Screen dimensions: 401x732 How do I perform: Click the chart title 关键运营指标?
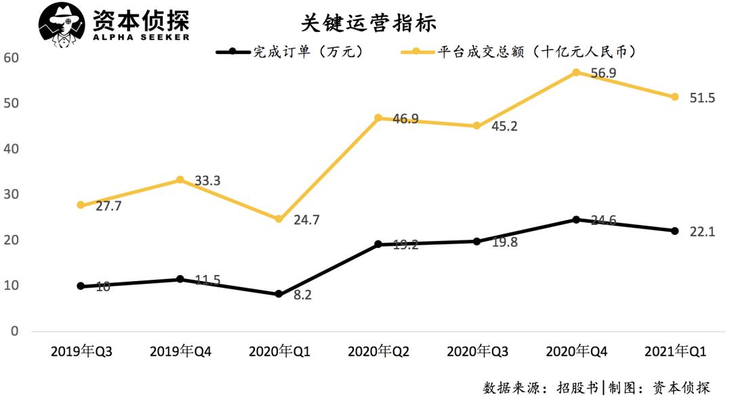coord(369,22)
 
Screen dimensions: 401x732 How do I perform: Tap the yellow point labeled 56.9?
coord(575,72)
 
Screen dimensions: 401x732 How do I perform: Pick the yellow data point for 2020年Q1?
coord(279,219)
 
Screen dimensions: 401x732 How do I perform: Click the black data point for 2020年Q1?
coord(279,294)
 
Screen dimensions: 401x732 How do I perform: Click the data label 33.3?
coord(207,181)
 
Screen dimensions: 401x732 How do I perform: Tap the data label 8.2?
coord(302,295)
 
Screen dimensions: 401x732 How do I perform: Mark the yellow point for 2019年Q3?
coord(81,205)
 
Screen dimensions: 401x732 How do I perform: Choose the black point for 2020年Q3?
coord(476,241)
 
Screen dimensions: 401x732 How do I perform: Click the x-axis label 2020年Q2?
coord(378,352)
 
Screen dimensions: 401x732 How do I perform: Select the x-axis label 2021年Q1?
coord(675,352)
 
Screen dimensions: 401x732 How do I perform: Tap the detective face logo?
coord(62,26)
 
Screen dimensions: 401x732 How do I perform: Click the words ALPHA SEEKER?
coord(141,37)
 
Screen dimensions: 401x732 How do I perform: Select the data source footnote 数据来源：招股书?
coord(540,388)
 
